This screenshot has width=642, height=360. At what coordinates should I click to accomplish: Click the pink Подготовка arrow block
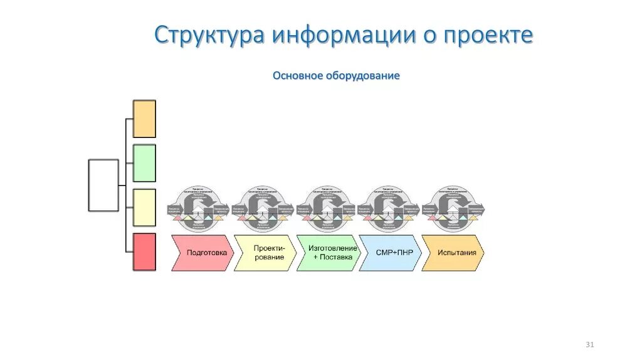click(202, 253)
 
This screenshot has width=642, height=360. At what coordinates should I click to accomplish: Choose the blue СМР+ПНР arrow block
click(390, 253)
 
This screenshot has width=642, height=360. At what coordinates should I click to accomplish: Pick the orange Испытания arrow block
click(452, 253)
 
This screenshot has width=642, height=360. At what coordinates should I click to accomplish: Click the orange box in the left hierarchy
click(144, 119)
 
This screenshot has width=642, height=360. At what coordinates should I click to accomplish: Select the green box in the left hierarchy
click(144, 163)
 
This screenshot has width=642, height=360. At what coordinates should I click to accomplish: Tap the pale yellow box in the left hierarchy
click(144, 208)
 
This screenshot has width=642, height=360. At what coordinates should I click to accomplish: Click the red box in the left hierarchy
click(144, 252)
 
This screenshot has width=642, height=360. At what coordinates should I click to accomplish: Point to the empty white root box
click(103, 185)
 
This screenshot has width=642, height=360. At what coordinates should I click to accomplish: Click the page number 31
click(589, 344)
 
